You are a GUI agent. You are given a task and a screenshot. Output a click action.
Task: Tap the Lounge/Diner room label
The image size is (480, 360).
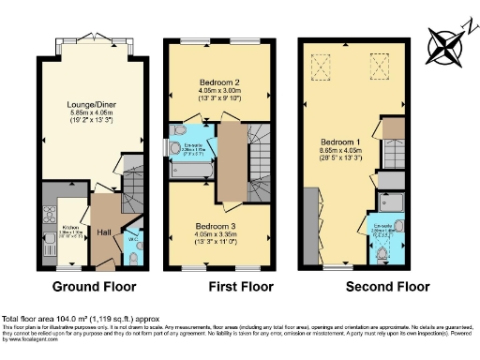(x=92, y=104)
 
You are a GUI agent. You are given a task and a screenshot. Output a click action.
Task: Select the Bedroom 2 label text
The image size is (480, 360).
(x=215, y=83)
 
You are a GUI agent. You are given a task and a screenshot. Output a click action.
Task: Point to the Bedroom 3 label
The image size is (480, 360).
(x=215, y=226)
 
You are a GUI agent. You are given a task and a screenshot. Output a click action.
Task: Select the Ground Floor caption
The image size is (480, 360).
(x=94, y=286)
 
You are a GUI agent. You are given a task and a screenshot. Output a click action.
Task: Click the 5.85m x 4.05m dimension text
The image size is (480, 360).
(x=92, y=113)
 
